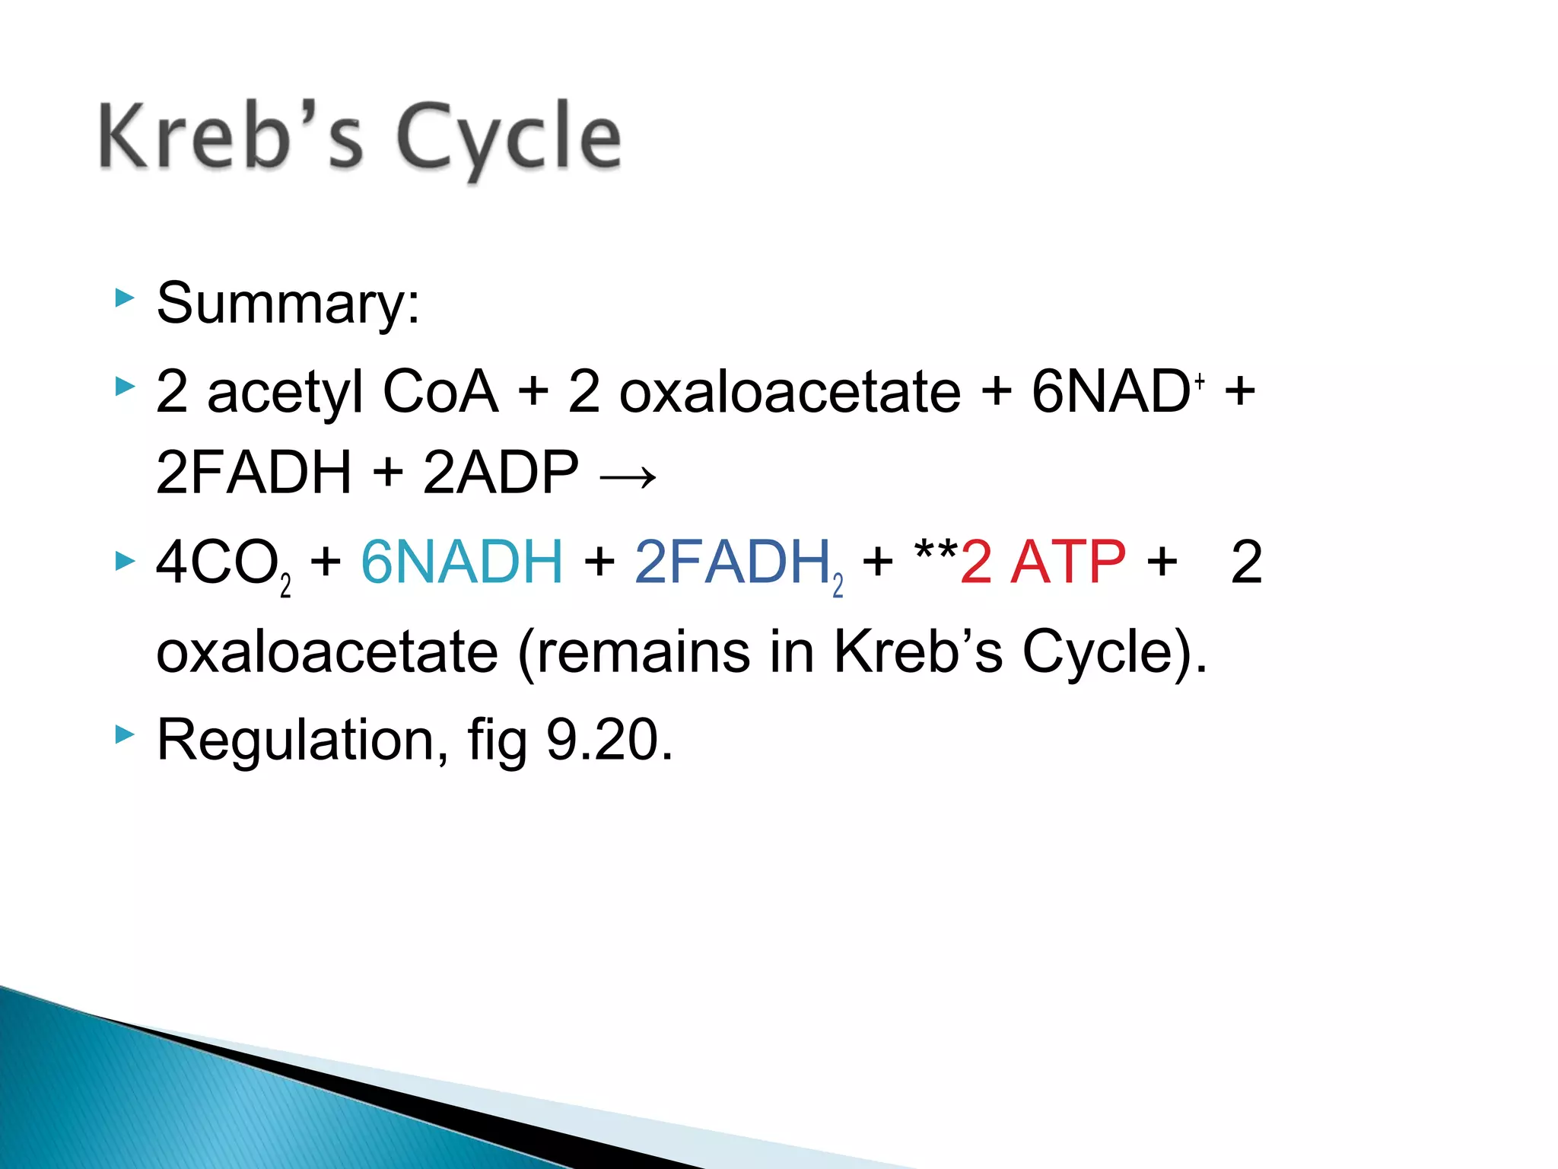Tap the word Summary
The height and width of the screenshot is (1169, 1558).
point(288,303)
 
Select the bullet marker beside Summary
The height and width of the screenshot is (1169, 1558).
point(124,298)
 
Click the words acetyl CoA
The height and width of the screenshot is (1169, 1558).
point(352,391)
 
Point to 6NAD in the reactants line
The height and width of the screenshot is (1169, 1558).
point(1110,391)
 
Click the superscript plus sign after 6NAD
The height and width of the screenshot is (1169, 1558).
point(1200,381)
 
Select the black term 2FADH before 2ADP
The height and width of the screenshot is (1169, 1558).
point(253,473)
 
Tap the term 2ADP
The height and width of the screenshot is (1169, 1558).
point(500,473)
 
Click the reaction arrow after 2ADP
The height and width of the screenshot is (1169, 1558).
point(628,477)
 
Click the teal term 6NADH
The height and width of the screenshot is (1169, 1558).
point(462,562)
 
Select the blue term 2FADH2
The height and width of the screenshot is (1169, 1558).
point(737,563)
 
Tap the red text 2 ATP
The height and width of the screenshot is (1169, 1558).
point(1043,562)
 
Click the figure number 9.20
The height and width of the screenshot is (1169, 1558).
point(609,740)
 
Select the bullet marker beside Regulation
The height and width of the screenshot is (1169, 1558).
point(124,734)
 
